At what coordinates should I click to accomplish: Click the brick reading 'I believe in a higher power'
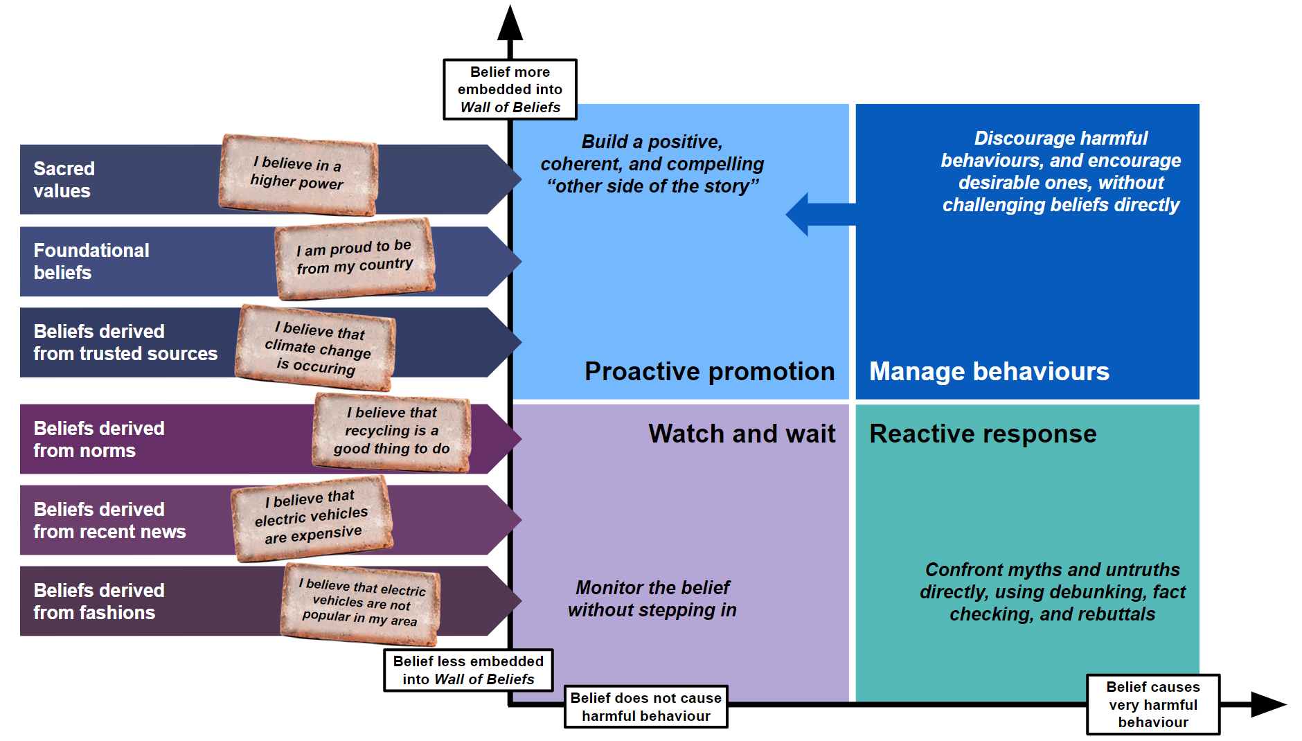(298, 174)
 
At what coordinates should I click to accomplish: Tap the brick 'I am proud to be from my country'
(355, 258)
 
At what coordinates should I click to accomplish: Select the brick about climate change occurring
(316, 347)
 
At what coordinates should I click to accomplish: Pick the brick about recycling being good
(392, 431)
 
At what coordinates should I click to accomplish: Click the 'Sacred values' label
(64, 179)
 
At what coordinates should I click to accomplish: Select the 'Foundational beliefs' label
(91, 261)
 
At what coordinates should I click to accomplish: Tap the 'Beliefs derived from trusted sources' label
(125, 342)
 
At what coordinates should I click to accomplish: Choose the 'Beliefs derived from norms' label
(99, 439)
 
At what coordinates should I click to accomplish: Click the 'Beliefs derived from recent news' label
(109, 520)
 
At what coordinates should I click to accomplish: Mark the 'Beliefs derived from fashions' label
(99, 601)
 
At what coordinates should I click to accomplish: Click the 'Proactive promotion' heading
(709, 372)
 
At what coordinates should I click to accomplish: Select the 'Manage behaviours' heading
(989, 372)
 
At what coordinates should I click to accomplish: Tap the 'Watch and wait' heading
(742, 434)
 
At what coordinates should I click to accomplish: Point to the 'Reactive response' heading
(983, 434)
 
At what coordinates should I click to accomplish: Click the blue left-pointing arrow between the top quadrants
(817, 215)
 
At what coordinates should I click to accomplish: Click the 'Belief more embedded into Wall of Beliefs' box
(510, 89)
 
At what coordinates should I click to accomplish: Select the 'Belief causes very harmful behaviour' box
(1152, 704)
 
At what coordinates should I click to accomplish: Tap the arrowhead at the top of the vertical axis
(510, 24)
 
